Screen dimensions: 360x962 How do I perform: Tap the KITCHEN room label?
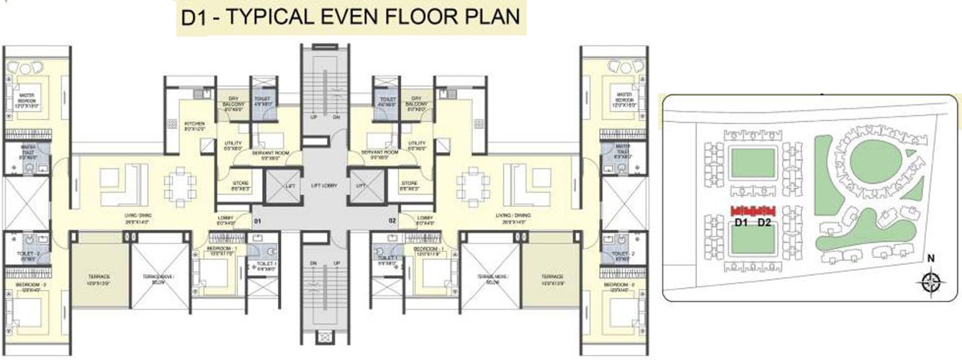coord(194,124)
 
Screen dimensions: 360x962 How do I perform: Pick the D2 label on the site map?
coord(765,223)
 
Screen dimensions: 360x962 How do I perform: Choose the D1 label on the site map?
coord(741,223)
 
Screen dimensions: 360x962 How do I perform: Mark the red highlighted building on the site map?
coord(752,210)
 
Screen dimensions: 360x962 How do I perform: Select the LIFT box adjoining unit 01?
coord(281,186)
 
